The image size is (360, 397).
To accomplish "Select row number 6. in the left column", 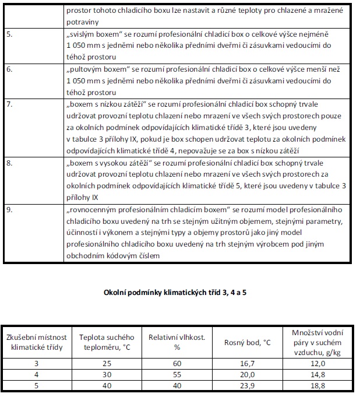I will click(x=10, y=69).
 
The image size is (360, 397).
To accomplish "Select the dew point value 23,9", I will click(x=248, y=384).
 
